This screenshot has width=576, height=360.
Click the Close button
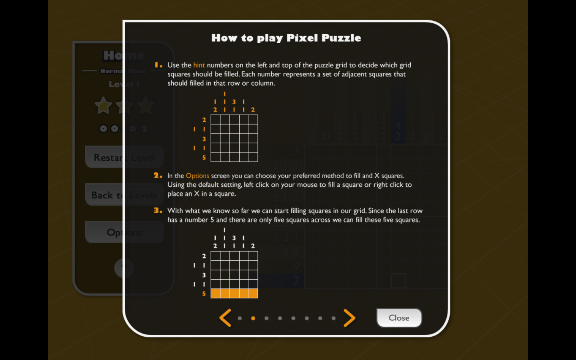[399, 318]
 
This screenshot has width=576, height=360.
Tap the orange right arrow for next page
[349, 318]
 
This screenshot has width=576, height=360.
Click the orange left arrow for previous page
[225, 318]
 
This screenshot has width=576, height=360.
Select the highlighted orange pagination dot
[253, 318]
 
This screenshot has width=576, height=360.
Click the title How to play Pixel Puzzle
[286, 38]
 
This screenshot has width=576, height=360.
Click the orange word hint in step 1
[199, 65]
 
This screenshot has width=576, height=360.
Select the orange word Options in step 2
[197, 176]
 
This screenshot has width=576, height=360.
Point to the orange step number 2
[157, 175]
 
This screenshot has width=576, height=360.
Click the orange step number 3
[157, 210]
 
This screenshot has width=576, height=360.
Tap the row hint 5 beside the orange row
[204, 294]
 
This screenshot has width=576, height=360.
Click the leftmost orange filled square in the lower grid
[216, 294]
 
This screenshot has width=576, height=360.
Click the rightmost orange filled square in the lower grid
[253, 294]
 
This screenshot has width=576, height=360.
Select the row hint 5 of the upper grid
[204, 158]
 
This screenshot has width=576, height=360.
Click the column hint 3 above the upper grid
[234, 102]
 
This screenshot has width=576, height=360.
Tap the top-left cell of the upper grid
[216, 120]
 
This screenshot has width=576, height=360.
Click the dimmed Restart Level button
[124, 158]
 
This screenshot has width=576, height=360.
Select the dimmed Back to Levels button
[124, 195]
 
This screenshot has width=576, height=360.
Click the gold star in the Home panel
[103, 106]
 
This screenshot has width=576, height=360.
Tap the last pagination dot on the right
[334, 318]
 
